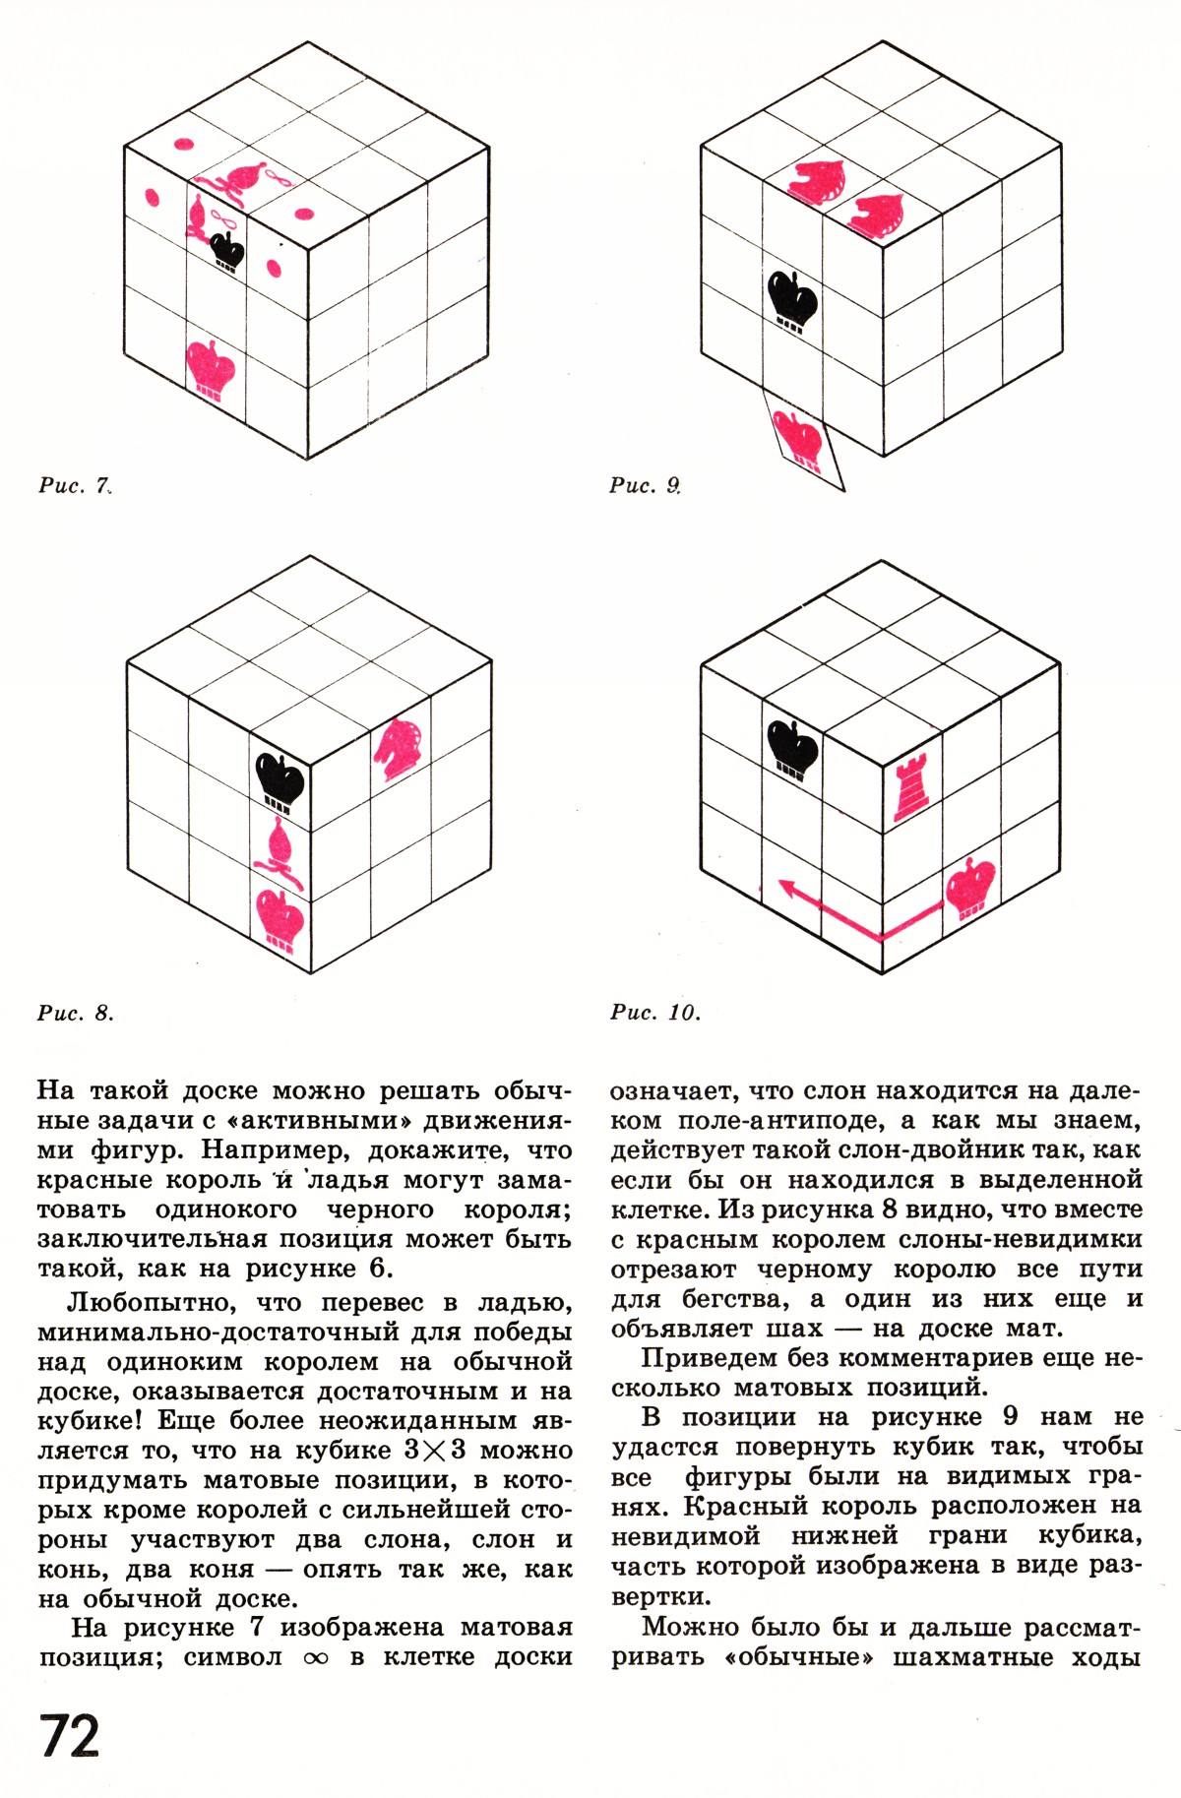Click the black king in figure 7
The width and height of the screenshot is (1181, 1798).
(x=228, y=251)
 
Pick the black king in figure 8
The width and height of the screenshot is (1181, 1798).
(x=280, y=779)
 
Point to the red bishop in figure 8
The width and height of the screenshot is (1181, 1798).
(x=279, y=852)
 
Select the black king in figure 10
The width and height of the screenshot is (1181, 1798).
(x=792, y=748)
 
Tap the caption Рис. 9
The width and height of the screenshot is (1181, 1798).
(x=646, y=484)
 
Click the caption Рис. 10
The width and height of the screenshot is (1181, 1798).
(x=655, y=1013)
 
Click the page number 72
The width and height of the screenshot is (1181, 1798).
(x=70, y=1737)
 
